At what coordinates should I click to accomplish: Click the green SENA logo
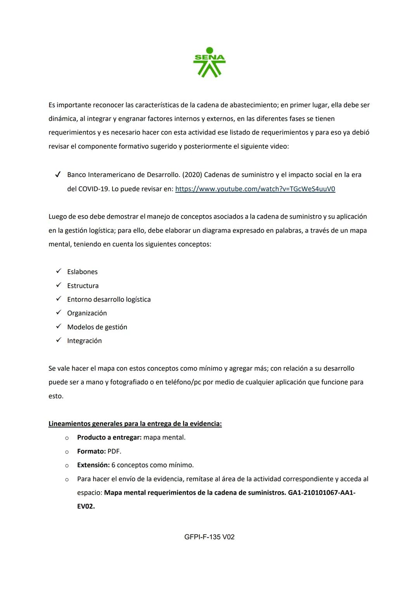point(209,63)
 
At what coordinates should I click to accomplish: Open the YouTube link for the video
point(255,189)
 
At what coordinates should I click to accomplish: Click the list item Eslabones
point(82,272)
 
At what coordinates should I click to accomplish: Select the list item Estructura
point(83,286)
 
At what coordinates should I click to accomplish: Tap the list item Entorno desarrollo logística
point(109,299)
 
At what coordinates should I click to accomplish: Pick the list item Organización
point(87,313)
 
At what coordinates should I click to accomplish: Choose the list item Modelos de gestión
point(97,327)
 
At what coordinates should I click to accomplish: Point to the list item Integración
point(84,341)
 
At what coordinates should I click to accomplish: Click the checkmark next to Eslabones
point(59,271)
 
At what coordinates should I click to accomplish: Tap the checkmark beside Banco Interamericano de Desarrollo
point(58,175)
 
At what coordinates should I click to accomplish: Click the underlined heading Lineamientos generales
point(135,424)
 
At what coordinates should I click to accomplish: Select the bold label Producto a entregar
point(109,438)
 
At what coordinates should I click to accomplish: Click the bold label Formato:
point(91,451)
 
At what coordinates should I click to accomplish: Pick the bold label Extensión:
point(93,465)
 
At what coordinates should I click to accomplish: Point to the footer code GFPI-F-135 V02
point(209,537)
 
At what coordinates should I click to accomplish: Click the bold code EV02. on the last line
point(86,506)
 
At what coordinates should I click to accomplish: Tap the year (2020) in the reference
point(192,175)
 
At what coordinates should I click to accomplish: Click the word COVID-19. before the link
point(93,189)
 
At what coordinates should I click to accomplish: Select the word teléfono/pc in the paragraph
point(183,382)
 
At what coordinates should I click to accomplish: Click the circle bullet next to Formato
point(67,452)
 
